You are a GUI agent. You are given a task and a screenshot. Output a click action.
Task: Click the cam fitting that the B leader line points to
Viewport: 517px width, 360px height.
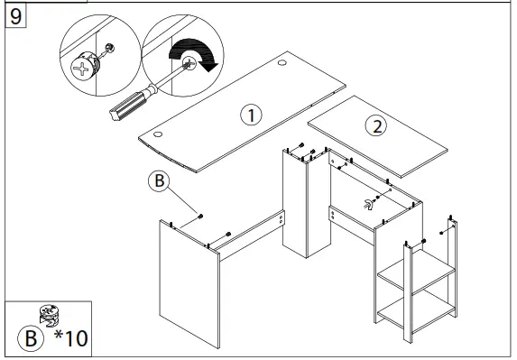(x=198, y=217)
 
